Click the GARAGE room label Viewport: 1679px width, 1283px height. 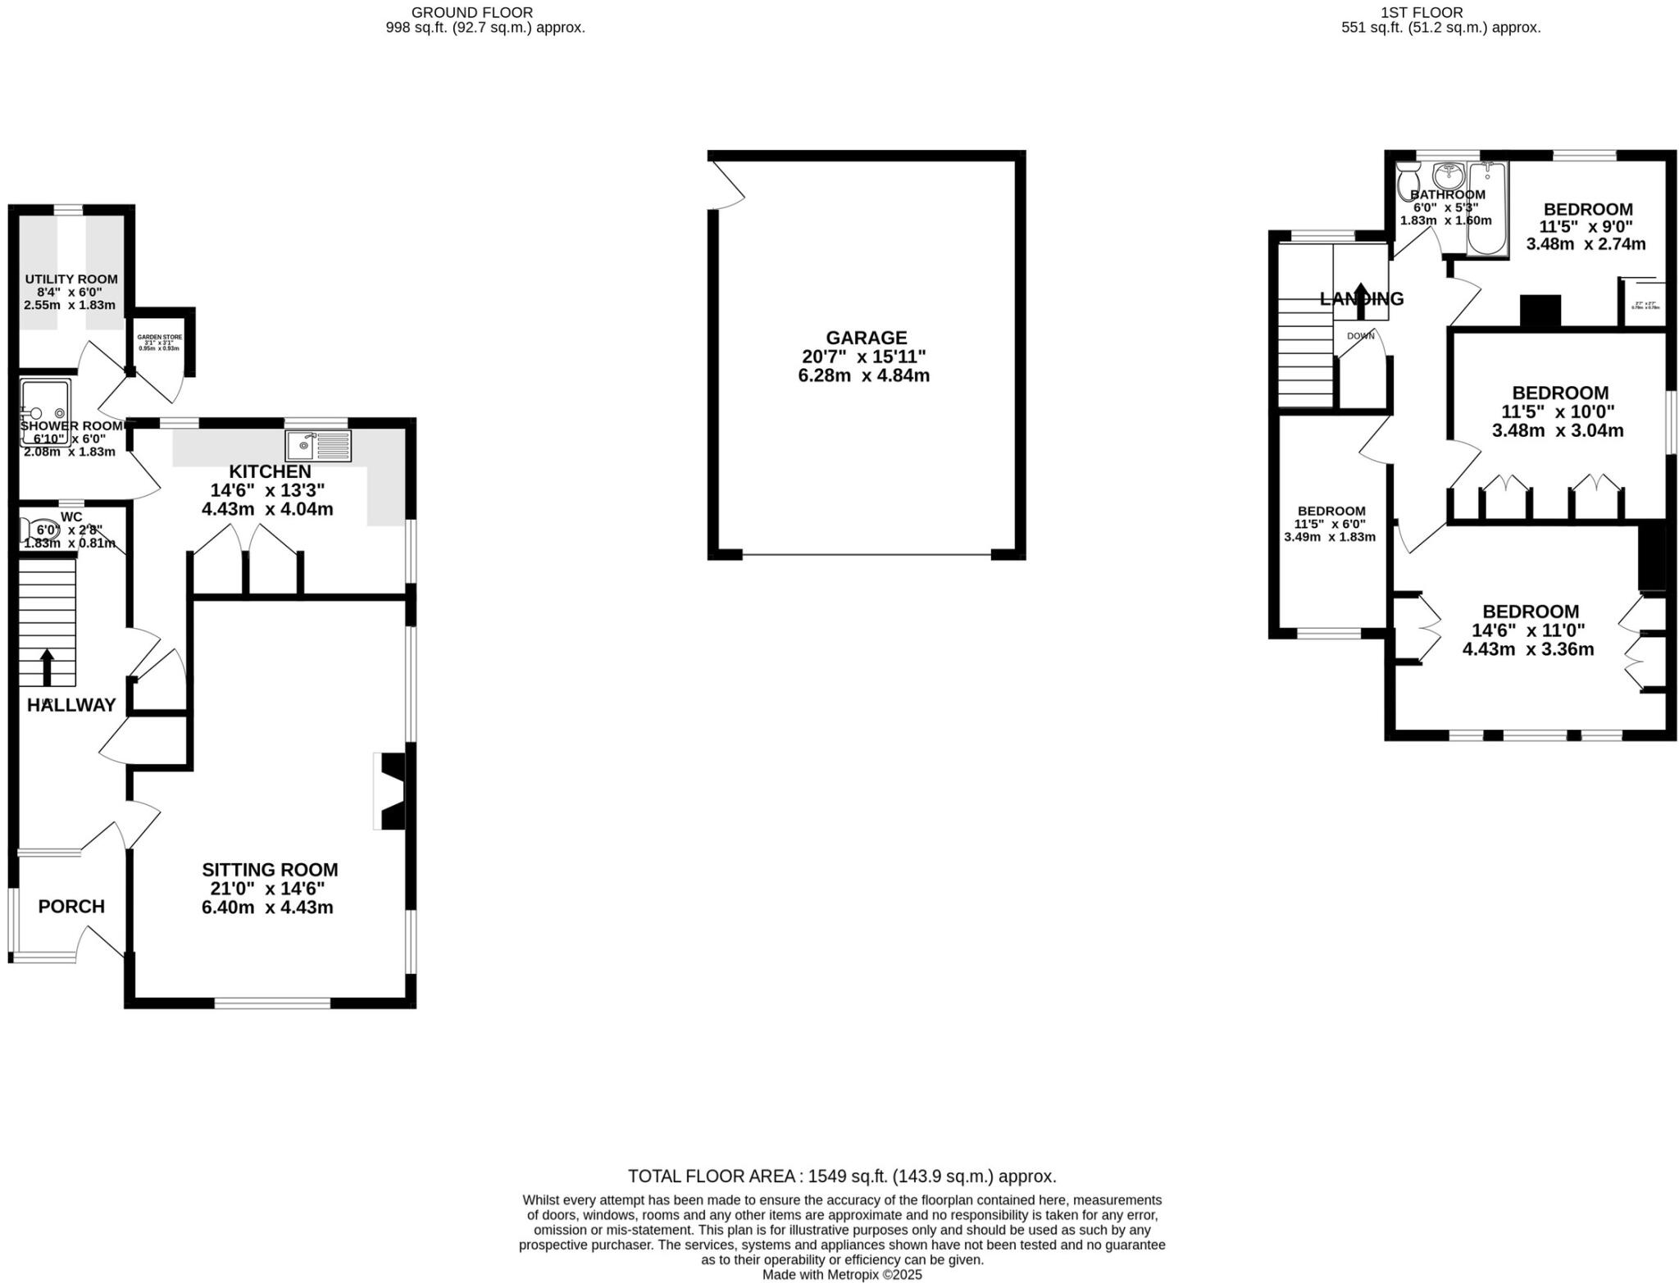[x=866, y=338]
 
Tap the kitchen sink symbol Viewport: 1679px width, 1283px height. [x=318, y=445]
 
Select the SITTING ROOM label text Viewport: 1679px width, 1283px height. [x=270, y=870]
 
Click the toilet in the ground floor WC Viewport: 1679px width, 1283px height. [x=37, y=530]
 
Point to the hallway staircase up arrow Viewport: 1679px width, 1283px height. [x=47, y=666]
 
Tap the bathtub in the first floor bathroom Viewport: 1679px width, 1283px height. [x=1487, y=209]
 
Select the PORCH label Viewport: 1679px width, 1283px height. [x=71, y=907]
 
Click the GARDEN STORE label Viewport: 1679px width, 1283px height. [x=160, y=337]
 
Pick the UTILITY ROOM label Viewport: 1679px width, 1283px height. [x=71, y=280]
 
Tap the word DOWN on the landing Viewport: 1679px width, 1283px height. [x=1360, y=336]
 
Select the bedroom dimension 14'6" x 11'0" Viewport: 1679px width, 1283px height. [x=1530, y=630]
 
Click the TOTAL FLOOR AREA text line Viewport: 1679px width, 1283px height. [x=842, y=1176]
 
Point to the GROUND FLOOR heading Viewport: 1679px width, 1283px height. [x=471, y=12]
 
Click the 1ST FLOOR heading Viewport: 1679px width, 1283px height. [x=1433, y=12]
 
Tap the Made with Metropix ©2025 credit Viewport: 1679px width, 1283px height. [x=842, y=1275]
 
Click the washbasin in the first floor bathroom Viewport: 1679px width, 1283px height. [x=1449, y=174]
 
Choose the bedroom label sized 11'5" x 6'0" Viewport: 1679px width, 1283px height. [x=1331, y=511]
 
